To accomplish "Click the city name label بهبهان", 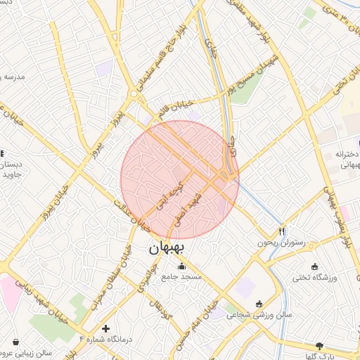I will pyautogui.click(x=167, y=248).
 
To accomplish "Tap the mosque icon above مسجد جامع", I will pyautogui.click(x=182, y=266).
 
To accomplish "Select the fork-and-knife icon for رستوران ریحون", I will pyautogui.click(x=282, y=230).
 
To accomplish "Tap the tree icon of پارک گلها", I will pyautogui.click(x=321, y=346).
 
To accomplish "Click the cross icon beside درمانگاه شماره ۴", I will pyautogui.click(x=105, y=328).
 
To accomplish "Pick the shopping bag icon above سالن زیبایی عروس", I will pyautogui.click(x=15, y=342).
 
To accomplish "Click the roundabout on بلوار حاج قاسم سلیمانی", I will pyautogui.click(x=134, y=94).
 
